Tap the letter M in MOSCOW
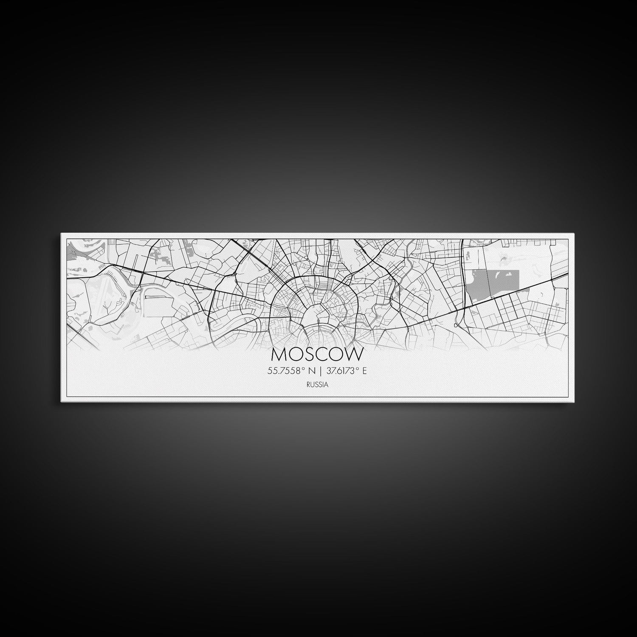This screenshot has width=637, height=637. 279,354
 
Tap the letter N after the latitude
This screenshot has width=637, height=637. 312,371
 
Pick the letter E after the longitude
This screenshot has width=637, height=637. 364,371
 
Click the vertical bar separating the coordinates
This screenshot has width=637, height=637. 321,371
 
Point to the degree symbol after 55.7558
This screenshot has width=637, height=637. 304,369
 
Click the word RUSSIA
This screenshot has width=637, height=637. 317,385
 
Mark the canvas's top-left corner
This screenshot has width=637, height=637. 61,233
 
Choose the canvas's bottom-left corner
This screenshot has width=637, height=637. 61,402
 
